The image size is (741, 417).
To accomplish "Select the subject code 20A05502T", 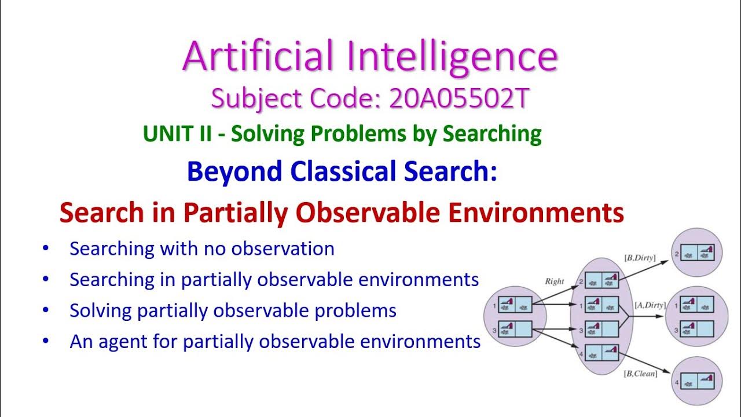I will [x=459, y=99].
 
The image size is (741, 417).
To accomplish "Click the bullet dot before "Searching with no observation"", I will [x=46, y=248].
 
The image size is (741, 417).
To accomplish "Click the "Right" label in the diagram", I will [x=554, y=281].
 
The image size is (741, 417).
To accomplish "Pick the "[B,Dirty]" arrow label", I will [x=639, y=257].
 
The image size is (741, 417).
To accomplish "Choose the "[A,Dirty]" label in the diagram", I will [x=649, y=305].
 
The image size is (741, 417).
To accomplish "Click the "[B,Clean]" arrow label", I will [x=640, y=374].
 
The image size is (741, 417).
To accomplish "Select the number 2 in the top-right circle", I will [x=676, y=253].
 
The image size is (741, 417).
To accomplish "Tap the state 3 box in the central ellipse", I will [x=602, y=330].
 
